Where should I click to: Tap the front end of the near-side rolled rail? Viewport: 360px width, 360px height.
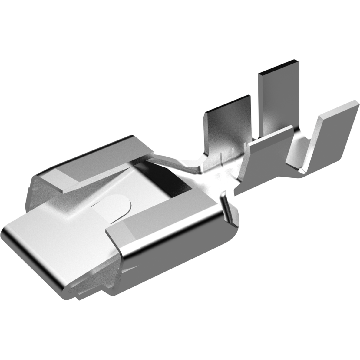coord(114,236)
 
